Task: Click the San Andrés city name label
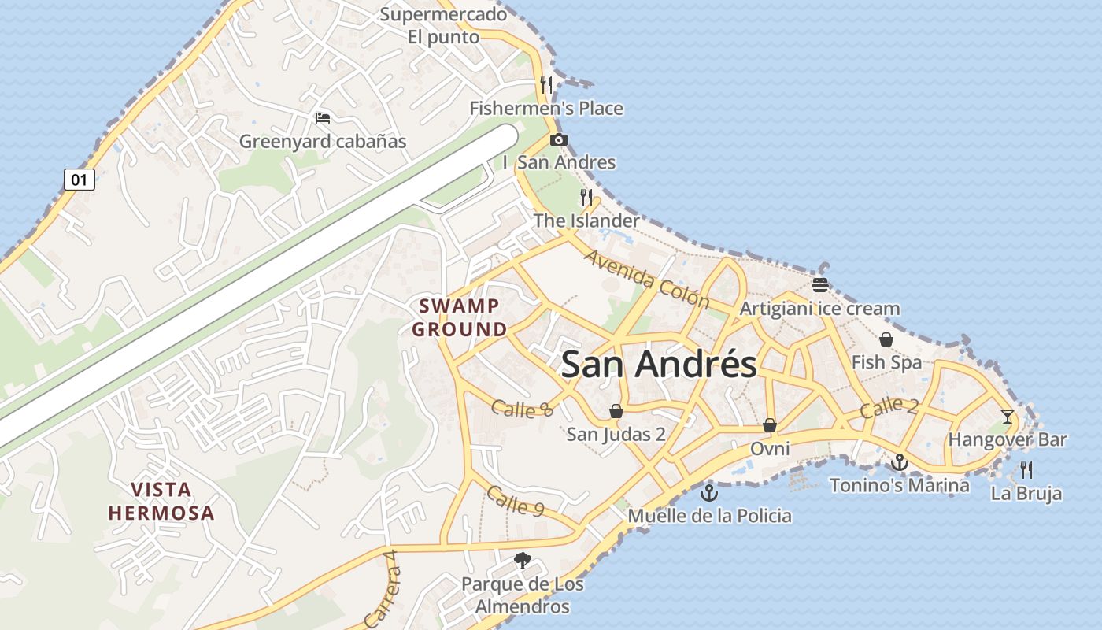[x=659, y=365]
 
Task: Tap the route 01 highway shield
[x=79, y=180]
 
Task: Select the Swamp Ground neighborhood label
[x=460, y=317]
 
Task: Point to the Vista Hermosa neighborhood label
[x=161, y=502]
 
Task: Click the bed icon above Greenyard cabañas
[x=322, y=118]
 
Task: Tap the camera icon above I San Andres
[x=558, y=140]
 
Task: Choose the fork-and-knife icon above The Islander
[x=586, y=197]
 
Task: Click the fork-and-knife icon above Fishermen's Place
[x=546, y=84]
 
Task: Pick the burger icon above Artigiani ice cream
[x=820, y=284]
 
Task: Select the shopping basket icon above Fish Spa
[x=886, y=339]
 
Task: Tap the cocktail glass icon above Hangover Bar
[x=1008, y=416]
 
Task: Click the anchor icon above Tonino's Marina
[x=900, y=462]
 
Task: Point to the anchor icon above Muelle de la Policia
[x=709, y=493]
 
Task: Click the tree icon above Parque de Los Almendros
[x=521, y=561]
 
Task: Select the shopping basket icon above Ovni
[x=770, y=425]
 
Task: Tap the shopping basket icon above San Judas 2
[x=616, y=411]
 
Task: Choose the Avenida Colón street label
[x=646, y=280]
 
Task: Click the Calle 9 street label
[x=516, y=501]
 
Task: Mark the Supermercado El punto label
[x=443, y=25]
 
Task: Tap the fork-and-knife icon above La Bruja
[x=1026, y=470]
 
